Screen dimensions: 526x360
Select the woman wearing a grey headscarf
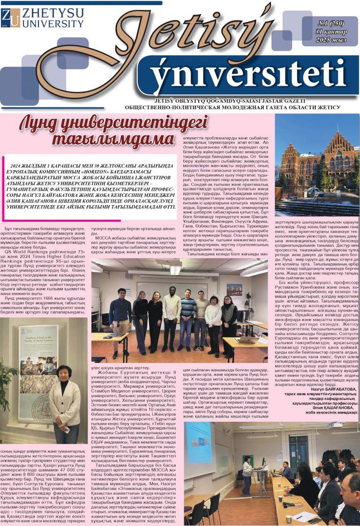point(140,319)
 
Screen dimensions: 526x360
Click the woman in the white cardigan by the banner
point(65,403)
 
